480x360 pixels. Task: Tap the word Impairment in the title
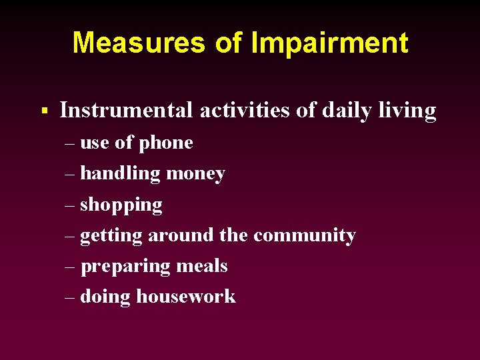(329, 43)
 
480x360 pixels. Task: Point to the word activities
(245, 110)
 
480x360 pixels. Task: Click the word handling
(120, 174)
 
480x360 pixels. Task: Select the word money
(195, 174)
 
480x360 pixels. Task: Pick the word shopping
(121, 205)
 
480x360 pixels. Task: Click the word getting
(111, 236)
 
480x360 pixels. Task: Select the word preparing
(126, 267)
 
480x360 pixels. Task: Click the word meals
(202, 266)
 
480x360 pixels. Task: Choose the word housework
(186, 297)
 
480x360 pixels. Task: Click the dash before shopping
(71, 205)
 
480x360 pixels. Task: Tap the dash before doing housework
(71, 297)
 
